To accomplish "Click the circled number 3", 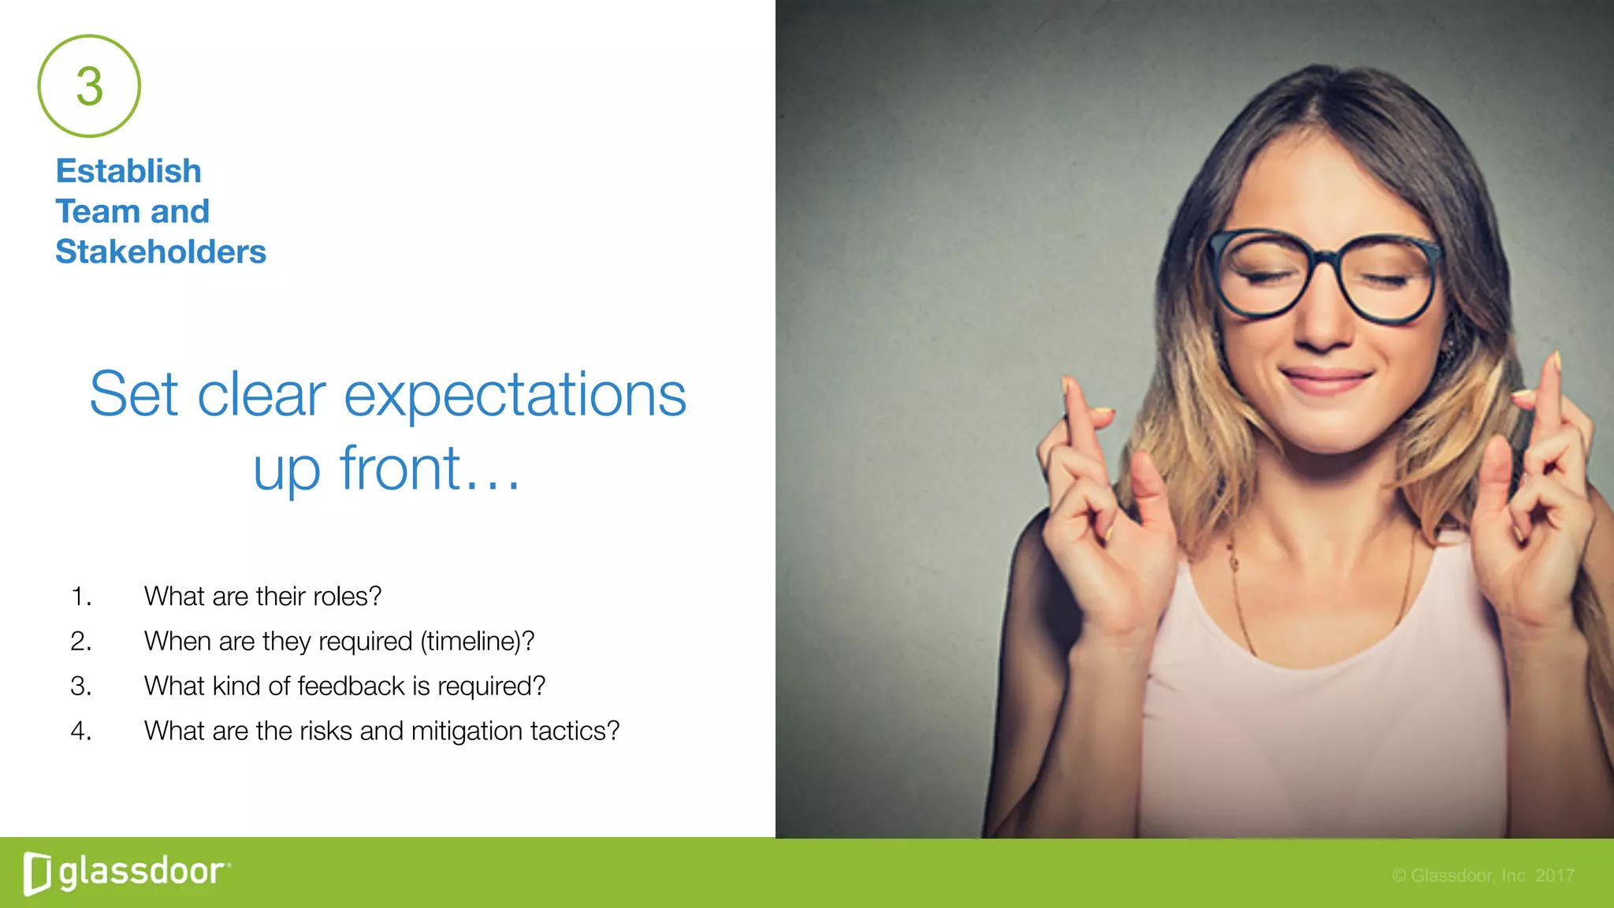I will click(89, 86).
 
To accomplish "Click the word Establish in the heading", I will click(128, 171).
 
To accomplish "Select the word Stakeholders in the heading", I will click(161, 252).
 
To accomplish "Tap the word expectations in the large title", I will click(515, 395).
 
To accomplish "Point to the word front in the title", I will click(400, 468).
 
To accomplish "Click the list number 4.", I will click(80, 731).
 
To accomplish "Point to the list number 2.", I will click(80, 642).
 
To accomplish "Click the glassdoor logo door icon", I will click(37, 873).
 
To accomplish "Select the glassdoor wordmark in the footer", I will click(142, 873).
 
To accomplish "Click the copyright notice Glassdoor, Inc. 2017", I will click(1482, 876).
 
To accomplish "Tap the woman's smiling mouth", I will click(1326, 380).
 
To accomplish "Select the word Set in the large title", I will click(134, 395).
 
